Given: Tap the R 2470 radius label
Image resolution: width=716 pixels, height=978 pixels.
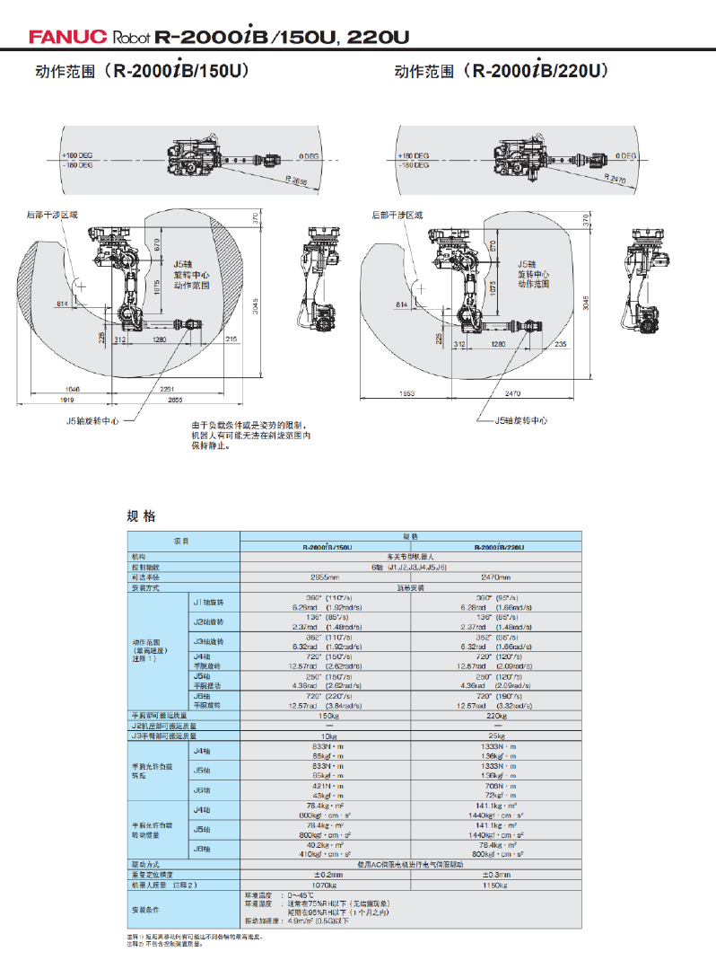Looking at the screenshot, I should click(x=616, y=181).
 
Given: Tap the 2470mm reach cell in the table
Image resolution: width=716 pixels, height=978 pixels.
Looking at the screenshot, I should click(x=496, y=577).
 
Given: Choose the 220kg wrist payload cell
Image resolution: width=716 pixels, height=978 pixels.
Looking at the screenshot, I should click(x=496, y=716).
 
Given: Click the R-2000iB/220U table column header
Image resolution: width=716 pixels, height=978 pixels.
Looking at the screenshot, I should click(x=496, y=547).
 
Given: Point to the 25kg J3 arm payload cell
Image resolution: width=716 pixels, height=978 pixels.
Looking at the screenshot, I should click(x=496, y=736).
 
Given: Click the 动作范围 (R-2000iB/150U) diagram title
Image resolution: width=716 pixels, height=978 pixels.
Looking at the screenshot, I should click(x=142, y=71).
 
